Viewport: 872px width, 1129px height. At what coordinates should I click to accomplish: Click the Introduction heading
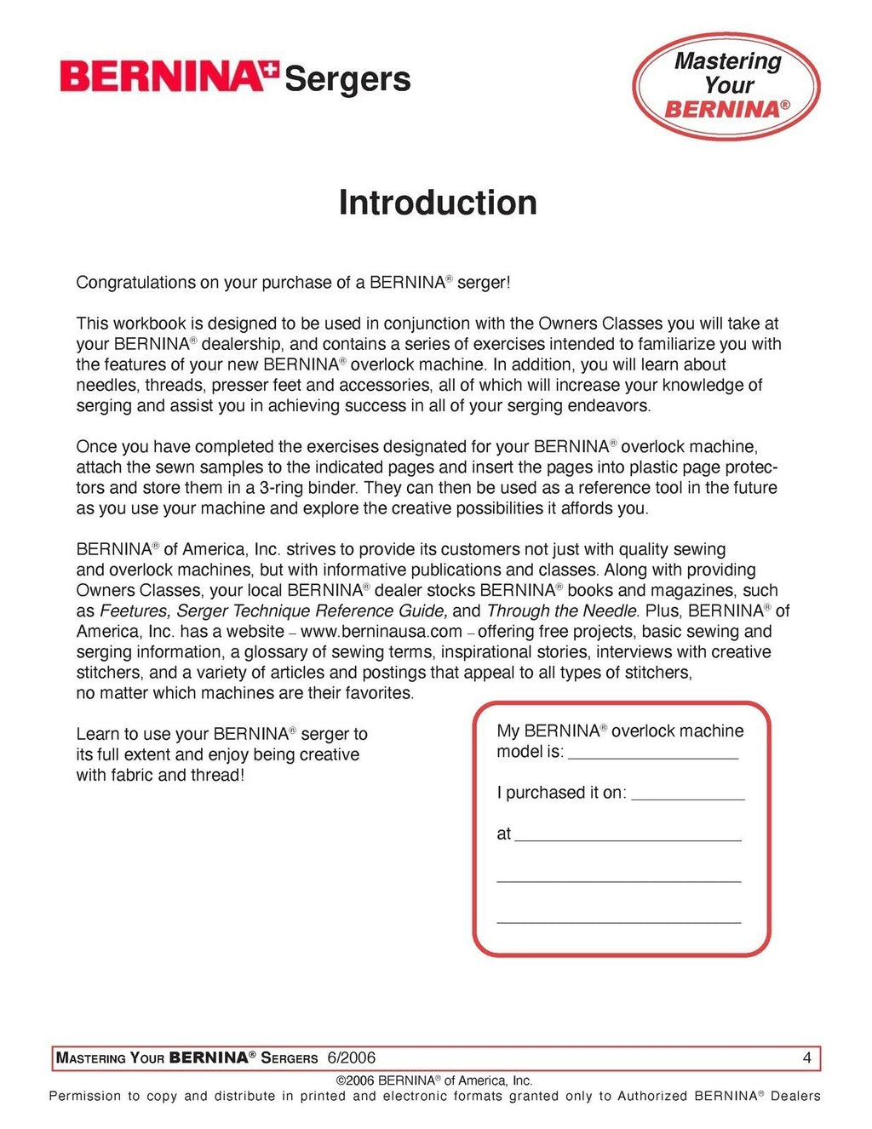pyautogui.click(x=438, y=203)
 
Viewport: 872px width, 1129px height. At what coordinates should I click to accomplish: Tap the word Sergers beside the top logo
pyautogui.click(x=347, y=79)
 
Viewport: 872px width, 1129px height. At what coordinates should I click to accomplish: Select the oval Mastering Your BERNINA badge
pyautogui.click(x=726, y=86)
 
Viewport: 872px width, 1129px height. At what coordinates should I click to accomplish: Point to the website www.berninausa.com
pyautogui.click(x=381, y=632)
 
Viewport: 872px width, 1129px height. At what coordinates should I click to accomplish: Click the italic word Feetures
pyautogui.click(x=135, y=611)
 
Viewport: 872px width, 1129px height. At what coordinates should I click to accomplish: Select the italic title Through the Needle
pyautogui.click(x=562, y=611)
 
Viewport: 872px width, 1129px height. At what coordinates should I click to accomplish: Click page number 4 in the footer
pyautogui.click(x=806, y=1058)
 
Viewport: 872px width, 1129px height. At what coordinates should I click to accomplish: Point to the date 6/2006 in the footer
pyautogui.click(x=352, y=1058)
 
